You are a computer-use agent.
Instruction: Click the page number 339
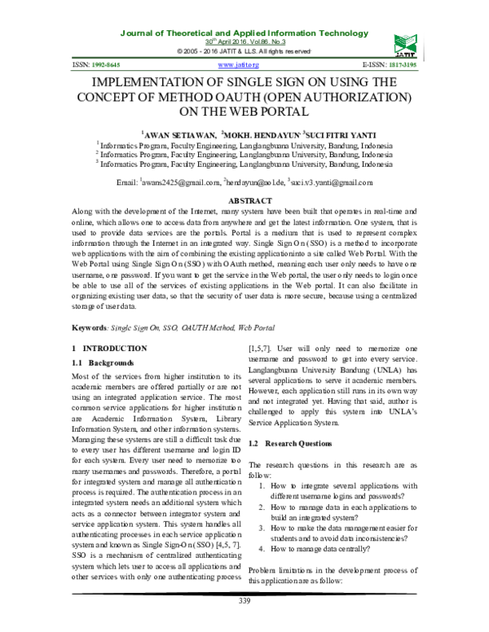click(x=244, y=601)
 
